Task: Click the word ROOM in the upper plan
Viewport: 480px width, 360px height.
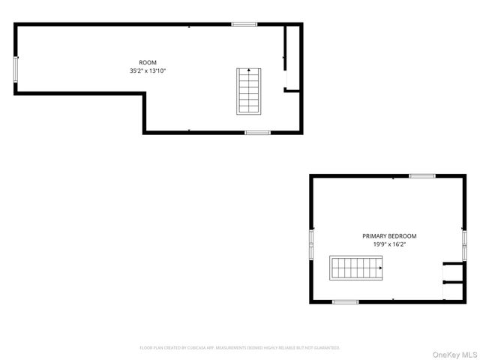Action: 148,62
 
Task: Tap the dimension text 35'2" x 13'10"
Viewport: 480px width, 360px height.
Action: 148,71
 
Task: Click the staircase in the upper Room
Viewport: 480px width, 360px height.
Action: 249,91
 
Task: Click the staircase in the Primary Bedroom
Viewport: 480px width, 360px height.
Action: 356,266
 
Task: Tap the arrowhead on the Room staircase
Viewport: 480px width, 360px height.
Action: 249,70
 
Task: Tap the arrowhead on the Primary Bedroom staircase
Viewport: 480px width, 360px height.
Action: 380,266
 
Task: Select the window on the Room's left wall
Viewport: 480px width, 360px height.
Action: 16,69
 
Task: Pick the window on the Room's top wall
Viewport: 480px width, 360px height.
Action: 244,25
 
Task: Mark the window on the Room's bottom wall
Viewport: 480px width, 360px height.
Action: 257,133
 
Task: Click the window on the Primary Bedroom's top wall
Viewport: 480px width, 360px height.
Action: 422,176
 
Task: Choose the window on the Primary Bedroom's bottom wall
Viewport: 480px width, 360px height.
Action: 345,301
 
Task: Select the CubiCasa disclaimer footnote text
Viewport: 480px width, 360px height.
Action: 240,348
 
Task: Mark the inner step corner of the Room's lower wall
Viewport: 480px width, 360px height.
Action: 144,93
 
